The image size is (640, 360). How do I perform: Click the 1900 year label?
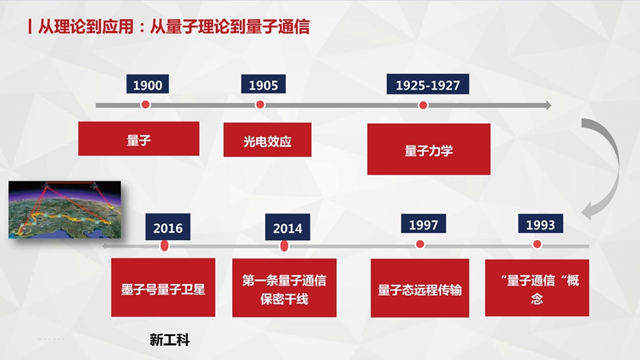pos(147,84)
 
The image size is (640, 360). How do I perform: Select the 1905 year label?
pos(263,84)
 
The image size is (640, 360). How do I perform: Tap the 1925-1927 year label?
pos(428,84)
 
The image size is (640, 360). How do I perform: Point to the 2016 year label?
pos(168,227)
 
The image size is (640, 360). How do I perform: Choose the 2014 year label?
pos(287,227)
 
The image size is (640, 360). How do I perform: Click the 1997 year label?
pos(423,224)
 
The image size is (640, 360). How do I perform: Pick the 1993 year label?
pos(541,224)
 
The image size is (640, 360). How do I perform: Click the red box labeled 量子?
pos(138,138)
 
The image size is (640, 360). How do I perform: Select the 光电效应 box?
pos(267,139)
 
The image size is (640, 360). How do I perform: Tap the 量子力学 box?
pos(429,150)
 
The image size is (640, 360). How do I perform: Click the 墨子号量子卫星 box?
pos(163,287)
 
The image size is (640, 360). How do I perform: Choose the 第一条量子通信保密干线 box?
pos(284,288)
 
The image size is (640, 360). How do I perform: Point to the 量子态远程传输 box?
pos(419,288)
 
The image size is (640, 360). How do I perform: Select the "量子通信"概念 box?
pos(537,288)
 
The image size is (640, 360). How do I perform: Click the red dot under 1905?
pos(260,105)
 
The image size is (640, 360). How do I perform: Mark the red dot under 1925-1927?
pos(423,106)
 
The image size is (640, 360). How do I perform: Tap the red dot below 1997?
pos(420,244)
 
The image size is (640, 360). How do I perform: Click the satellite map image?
pos(65,210)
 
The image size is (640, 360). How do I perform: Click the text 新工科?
pos(170,339)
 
